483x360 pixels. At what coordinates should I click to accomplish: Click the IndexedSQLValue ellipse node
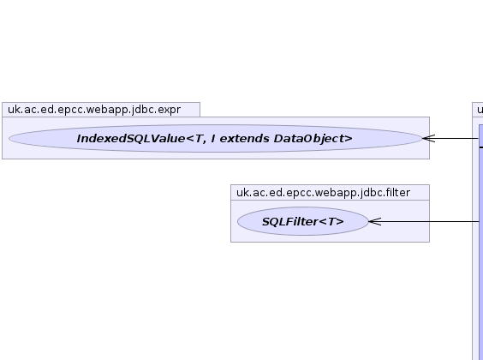(x=215, y=138)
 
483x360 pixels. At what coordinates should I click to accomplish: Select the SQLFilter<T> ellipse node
(x=303, y=221)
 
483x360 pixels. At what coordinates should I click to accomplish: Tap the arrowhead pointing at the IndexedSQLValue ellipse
(x=428, y=138)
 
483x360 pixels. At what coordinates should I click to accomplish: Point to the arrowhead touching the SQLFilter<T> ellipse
(x=375, y=221)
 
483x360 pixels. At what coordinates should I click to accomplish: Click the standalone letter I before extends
(x=213, y=139)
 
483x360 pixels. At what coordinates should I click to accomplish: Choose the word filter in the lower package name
(x=398, y=193)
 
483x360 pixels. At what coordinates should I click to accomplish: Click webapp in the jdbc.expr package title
(x=112, y=110)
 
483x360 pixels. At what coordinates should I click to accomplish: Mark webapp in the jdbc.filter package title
(x=341, y=193)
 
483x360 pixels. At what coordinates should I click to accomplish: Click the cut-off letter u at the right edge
(x=480, y=110)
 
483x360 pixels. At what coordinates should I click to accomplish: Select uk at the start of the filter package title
(x=242, y=193)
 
